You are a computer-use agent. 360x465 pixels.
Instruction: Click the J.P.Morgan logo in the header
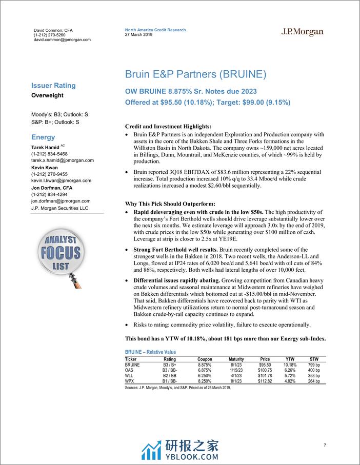click(x=303, y=32)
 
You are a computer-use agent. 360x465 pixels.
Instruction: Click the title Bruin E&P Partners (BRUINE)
click(x=195, y=74)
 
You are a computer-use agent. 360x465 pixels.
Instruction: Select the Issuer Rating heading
click(x=53, y=86)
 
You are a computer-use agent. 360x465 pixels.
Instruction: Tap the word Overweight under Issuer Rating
click(x=47, y=95)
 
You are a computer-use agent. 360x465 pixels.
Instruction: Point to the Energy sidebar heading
click(x=43, y=137)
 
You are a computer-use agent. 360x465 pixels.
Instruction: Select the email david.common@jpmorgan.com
click(x=62, y=39)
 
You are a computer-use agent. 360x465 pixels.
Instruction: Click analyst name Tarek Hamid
click(x=45, y=147)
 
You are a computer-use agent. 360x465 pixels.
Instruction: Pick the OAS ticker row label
click(x=130, y=369)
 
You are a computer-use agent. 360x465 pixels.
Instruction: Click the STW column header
click(x=314, y=359)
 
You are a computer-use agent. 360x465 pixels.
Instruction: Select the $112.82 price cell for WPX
click(x=265, y=381)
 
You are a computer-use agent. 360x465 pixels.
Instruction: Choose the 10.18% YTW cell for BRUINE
click(x=290, y=364)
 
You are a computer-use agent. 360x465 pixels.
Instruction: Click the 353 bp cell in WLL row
click(x=313, y=375)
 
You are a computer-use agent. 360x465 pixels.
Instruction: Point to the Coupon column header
click(x=205, y=359)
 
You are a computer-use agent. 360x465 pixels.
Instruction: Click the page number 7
click(x=325, y=445)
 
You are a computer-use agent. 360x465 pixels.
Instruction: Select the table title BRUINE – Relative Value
click(x=150, y=352)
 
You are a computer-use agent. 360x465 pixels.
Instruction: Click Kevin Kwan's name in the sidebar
click(x=44, y=167)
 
